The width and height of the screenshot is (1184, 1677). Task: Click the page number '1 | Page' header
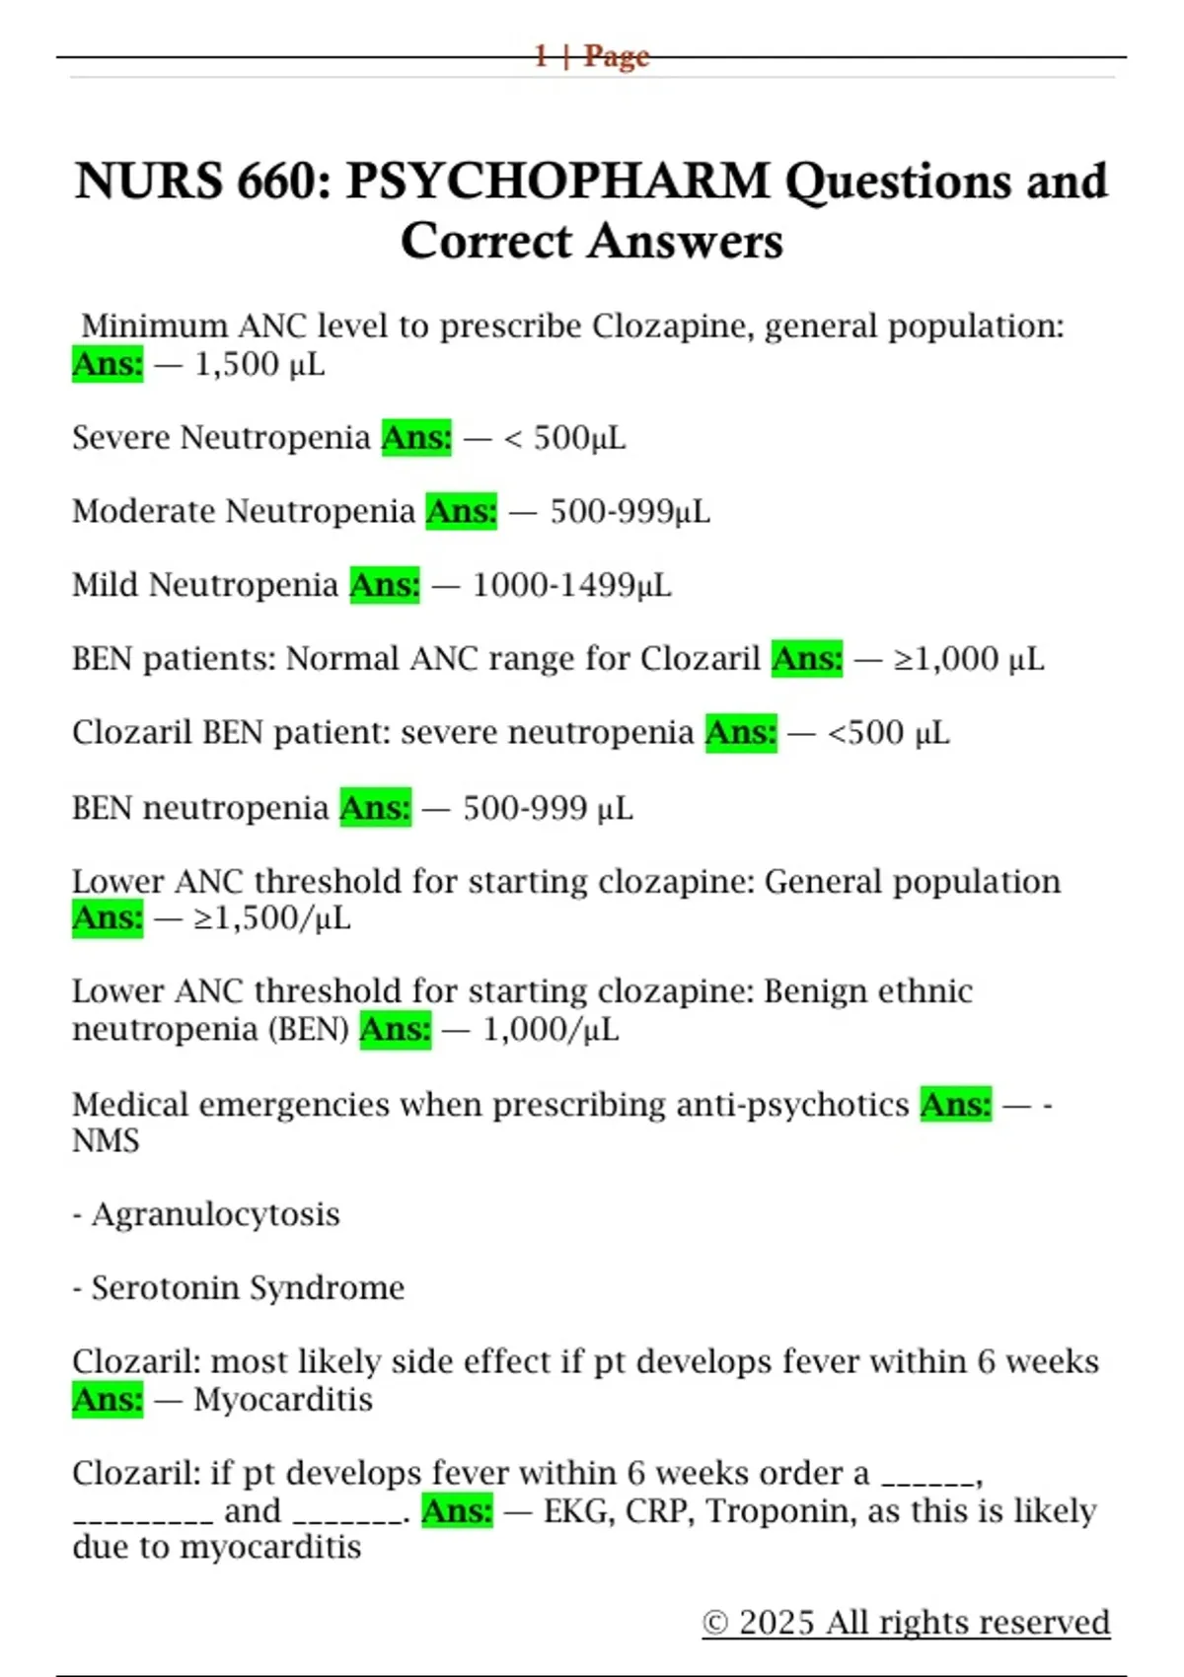pyautogui.click(x=592, y=55)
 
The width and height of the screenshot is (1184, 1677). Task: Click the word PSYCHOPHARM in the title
pyautogui.click(x=557, y=182)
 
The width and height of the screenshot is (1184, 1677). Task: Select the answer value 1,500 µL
pyautogui.click(x=259, y=365)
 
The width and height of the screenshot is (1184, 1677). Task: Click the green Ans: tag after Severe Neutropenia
pyautogui.click(x=416, y=437)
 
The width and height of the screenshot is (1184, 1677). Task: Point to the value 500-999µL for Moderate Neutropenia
pyautogui.click(x=629, y=511)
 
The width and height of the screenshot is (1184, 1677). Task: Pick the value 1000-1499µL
pyautogui.click(x=571, y=585)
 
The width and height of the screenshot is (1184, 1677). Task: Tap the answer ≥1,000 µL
pyautogui.click(x=969, y=659)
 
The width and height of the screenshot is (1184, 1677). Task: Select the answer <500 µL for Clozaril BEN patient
pyautogui.click(x=888, y=733)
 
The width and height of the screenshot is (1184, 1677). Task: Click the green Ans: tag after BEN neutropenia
pyautogui.click(x=375, y=808)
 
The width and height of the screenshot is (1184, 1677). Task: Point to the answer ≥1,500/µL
pyautogui.click(x=272, y=918)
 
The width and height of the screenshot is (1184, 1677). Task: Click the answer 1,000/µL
pyautogui.click(x=551, y=1030)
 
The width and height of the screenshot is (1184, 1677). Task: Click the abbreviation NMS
pyautogui.click(x=106, y=1141)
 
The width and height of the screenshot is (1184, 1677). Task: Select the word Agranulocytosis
pyautogui.click(x=215, y=1214)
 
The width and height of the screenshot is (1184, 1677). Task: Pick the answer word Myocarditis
pyautogui.click(x=283, y=1400)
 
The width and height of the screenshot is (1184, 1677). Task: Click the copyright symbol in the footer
pyautogui.click(x=715, y=1623)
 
